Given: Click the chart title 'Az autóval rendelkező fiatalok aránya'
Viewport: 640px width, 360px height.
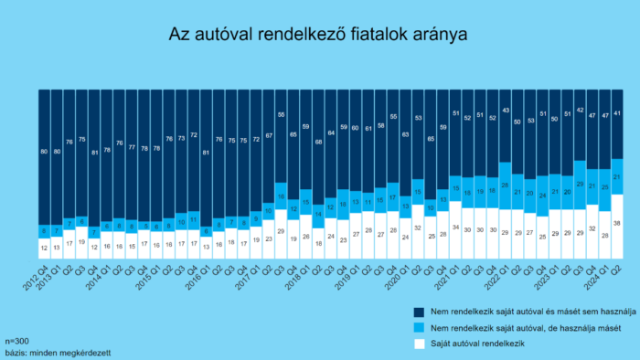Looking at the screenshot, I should tap(319, 34).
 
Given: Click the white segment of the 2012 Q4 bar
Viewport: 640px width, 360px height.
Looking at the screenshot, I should tap(44, 247).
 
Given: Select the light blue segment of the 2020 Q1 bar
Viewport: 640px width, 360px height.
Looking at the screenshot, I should tap(405, 207).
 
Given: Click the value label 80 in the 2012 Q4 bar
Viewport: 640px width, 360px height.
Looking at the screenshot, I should tap(44, 150).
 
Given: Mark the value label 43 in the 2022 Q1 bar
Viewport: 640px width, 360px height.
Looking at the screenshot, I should tap(505, 111).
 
